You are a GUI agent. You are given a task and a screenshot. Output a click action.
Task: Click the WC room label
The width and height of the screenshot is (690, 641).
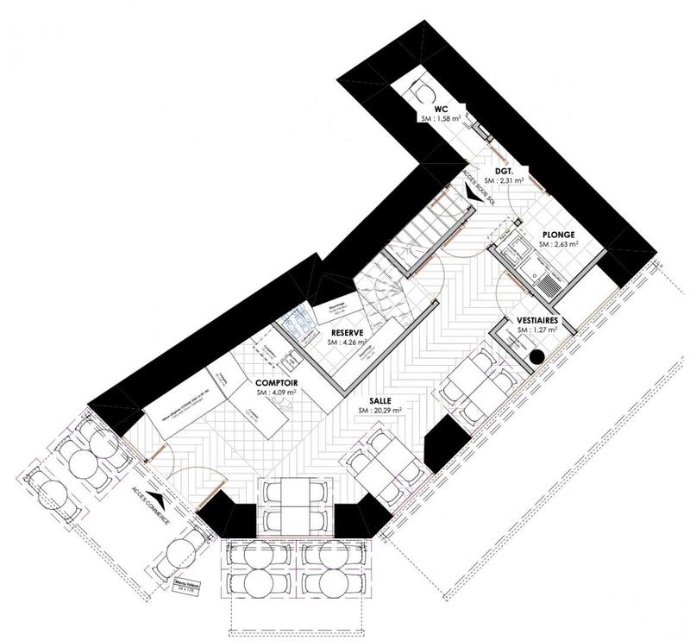(x=440, y=110)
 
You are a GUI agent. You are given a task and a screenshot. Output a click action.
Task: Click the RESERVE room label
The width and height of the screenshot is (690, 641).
(x=345, y=332)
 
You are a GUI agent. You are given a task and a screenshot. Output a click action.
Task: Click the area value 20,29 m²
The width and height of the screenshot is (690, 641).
(x=380, y=412)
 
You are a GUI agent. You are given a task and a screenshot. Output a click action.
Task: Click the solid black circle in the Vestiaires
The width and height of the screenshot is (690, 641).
(x=536, y=355)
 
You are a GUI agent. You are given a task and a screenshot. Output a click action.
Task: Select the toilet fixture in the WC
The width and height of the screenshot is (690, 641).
(x=423, y=94)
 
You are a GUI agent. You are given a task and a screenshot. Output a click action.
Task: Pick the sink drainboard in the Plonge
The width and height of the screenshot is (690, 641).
(x=543, y=276)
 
